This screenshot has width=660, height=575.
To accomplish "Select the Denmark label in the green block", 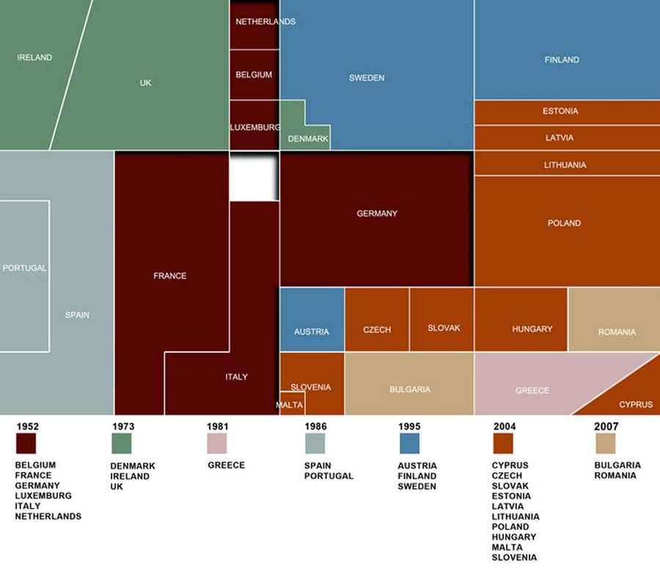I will click(308, 139).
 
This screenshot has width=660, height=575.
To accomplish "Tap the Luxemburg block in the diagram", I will click(254, 126).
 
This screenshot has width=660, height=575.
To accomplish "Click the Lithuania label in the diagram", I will click(565, 165).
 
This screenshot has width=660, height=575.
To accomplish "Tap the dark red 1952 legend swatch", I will click(26, 444).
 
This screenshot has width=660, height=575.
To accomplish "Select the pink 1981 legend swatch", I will click(217, 444).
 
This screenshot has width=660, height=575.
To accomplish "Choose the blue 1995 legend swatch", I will click(409, 444).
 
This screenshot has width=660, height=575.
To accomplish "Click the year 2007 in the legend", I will click(606, 426).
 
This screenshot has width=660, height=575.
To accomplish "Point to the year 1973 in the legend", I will click(123, 426).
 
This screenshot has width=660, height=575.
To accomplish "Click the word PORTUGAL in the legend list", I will click(329, 476).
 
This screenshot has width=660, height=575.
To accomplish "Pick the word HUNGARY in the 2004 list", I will click(513, 537).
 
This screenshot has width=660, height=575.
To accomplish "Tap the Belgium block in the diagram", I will click(254, 75).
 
